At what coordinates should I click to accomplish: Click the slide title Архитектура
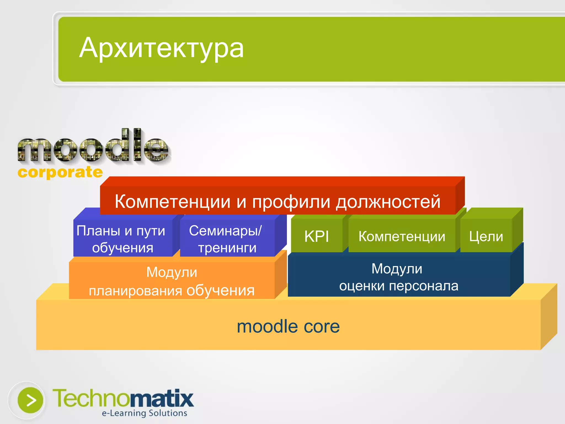click(x=161, y=48)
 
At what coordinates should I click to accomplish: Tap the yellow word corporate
click(x=60, y=172)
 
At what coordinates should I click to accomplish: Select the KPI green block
click(x=316, y=236)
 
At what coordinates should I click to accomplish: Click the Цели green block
click(x=486, y=236)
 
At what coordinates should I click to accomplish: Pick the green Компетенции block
click(x=402, y=236)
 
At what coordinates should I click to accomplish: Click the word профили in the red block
click(x=291, y=202)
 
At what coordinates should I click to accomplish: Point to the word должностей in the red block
click(x=388, y=202)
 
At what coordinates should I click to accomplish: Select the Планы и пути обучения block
click(x=121, y=239)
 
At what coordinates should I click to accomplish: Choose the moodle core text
click(x=288, y=326)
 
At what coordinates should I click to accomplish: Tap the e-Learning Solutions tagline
click(x=144, y=413)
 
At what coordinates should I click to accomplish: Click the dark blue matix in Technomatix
click(x=161, y=398)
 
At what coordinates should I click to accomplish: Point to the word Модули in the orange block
click(x=172, y=272)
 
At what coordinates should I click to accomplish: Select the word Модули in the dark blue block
click(x=397, y=269)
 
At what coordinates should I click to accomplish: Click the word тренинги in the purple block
click(x=227, y=248)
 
